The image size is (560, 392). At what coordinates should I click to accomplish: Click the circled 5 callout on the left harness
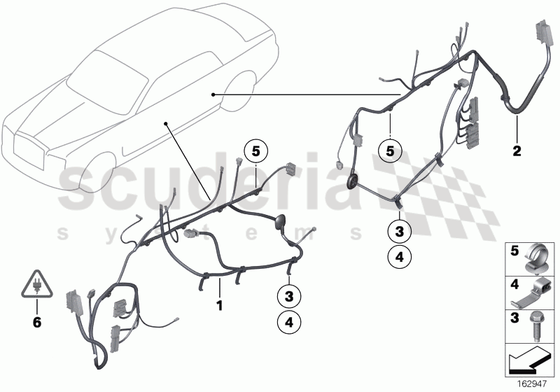click(255, 150)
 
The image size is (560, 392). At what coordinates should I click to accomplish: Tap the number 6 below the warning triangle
click(37, 323)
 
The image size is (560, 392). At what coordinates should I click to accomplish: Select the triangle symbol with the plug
click(36, 284)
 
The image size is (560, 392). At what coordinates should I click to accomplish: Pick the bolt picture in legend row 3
click(540, 323)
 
